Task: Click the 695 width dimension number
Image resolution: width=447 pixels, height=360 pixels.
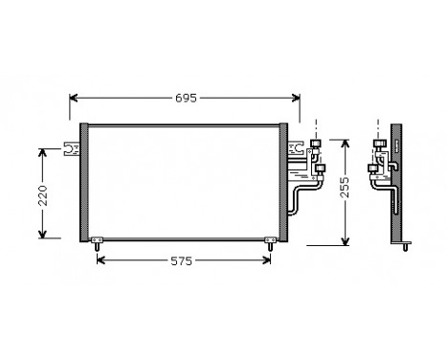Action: coord(187,99)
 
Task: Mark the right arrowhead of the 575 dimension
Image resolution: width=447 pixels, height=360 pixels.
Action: coord(270,261)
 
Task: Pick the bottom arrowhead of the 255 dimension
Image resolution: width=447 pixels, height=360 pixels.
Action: coord(346,241)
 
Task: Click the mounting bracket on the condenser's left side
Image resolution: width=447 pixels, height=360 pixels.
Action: coord(70,147)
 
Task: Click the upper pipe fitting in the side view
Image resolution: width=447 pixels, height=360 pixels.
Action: coord(379,146)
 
